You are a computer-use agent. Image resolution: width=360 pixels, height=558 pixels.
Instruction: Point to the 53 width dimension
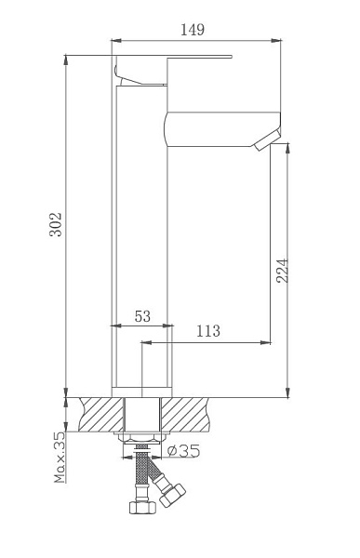142,317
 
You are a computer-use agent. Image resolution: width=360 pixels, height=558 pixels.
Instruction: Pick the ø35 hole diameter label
187,451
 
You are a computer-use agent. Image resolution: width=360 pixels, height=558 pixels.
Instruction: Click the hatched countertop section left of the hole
101,413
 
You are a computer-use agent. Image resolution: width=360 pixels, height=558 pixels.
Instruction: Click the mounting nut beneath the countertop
141,437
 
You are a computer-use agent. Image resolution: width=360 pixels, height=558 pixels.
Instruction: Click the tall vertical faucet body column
141,242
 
